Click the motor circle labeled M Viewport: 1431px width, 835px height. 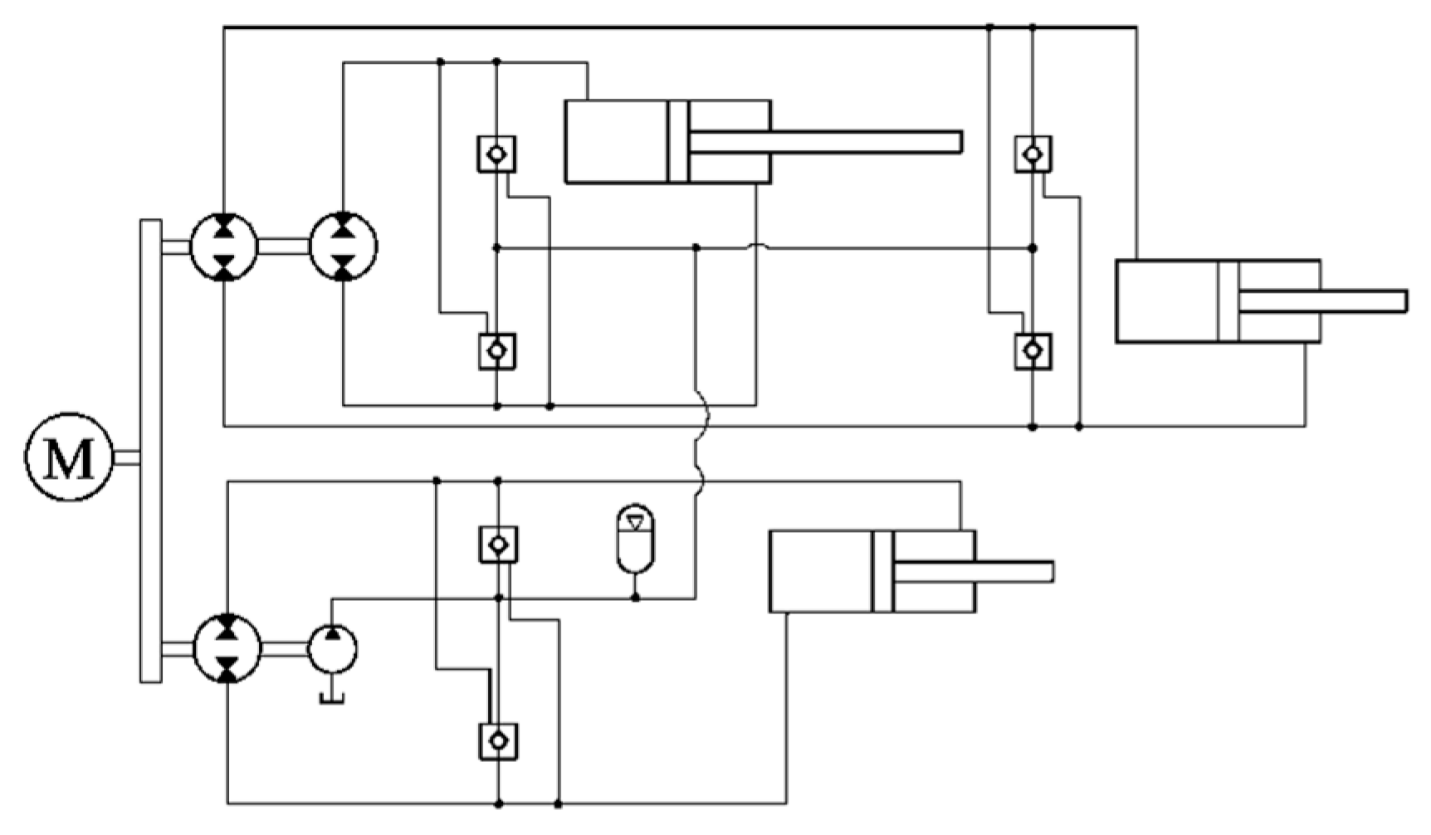pyautogui.click(x=68, y=457)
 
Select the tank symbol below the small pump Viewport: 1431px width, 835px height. pyautogui.click(x=332, y=698)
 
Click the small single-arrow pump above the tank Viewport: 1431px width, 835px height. pyautogui.click(x=333, y=649)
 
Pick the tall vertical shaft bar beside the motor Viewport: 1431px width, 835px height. pyautogui.click(x=151, y=451)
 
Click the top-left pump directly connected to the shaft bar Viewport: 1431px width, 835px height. pyautogui.click(x=224, y=247)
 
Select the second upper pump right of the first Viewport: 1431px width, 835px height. pyautogui.click(x=344, y=247)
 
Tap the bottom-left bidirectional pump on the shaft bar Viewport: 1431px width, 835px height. pyautogui.click(x=227, y=649)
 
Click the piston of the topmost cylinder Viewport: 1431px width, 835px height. pyautogui.click(x=678, y=142)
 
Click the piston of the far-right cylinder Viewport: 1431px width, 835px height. pyautogui.click(x=1228, y=301)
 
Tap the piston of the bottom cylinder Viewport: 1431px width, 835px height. pyautogui.click(x=882, y=572)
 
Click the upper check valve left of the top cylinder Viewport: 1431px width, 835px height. pyautogui.click(x=496, y=154)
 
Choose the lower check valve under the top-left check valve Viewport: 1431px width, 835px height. pyautogui.click(x=497, y=351)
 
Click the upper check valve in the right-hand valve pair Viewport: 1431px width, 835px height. pyautogui.click(x=1033, y=154)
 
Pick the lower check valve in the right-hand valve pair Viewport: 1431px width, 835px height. pyautogui.click(x=1033, y=351)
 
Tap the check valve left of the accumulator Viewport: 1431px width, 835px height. pyautogui.click(x=498, y=544)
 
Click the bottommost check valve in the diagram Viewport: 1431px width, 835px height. pyautogui.click(x=498, y=741)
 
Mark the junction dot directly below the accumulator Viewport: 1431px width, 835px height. pyautogui.click(x=635, y=598)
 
